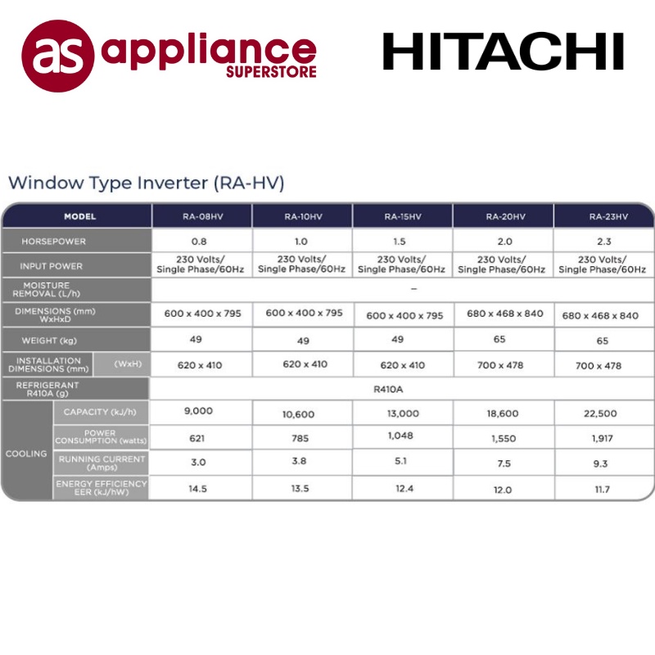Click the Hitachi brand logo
[x=504, y=52]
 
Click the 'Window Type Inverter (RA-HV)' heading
[x=147, y=183]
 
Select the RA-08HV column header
[x=202, y=217]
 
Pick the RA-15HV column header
[x=403, y=217]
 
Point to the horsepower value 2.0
[x=504, y=242]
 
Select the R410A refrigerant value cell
[x=402, y=391]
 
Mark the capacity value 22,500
[x=601, y=413]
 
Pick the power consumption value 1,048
[x=402, y=436]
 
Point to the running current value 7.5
[x=504, y=463]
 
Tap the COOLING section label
[x=26, y=453]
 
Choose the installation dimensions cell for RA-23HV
[x=599, y=365]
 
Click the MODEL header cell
[x=80, y=217]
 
